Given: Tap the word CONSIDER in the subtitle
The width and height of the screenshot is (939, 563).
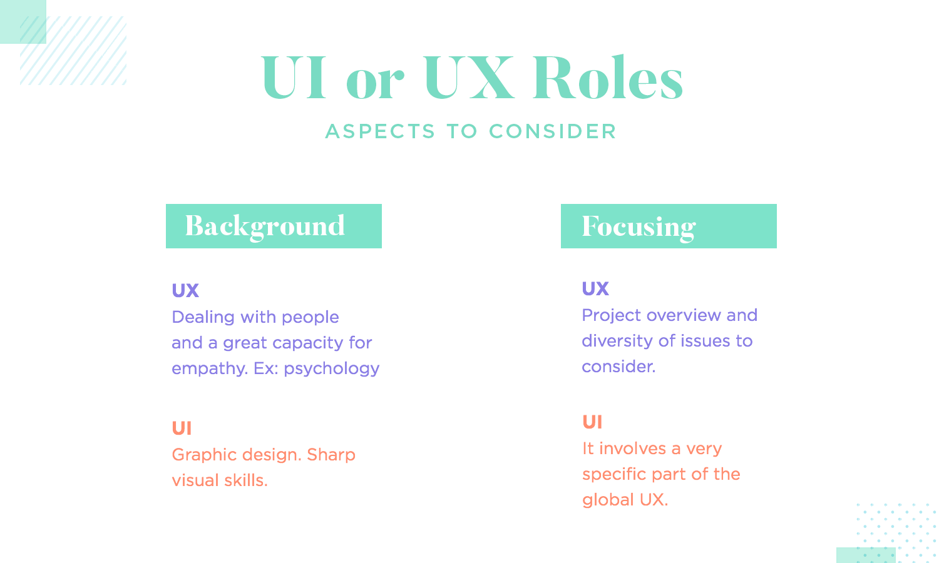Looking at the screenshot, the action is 553,131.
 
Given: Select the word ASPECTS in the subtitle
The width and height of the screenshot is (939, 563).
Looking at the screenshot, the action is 380,131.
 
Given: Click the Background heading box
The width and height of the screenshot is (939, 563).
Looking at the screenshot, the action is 274,226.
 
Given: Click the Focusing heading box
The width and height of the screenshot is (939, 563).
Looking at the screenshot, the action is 669,226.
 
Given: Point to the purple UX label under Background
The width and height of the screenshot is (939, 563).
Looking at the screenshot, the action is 185,290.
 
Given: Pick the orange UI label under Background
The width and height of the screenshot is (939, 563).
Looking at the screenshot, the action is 182,428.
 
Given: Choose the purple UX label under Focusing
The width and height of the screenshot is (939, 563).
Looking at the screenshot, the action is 595,288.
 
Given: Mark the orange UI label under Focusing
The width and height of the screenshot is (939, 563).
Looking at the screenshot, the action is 592,422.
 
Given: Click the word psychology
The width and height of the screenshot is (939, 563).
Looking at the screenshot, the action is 332,369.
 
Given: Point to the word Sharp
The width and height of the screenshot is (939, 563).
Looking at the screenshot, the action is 331,455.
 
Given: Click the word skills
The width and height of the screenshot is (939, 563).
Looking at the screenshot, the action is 245,480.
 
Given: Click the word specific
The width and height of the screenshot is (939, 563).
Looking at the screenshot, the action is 614,475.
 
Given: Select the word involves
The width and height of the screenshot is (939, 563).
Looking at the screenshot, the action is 632,449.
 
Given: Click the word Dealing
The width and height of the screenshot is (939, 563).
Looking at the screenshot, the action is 203,318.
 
